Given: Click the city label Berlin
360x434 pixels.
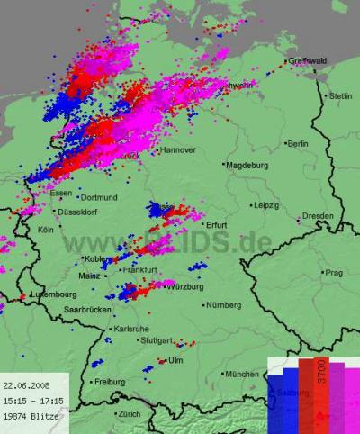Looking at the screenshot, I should [x=297, y=144].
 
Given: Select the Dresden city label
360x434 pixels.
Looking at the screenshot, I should [x=318, y=216].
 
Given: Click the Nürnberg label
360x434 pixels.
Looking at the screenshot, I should [x=223, y=306].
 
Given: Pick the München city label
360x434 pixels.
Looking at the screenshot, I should [x=241, y=374].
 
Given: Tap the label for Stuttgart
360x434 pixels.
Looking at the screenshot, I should [x=155, y=341].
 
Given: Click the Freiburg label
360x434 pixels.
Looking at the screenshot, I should [x=109, y=382].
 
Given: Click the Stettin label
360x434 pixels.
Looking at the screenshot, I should [x=341, y=95].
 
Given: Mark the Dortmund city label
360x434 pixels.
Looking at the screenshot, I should [x=99, y=197].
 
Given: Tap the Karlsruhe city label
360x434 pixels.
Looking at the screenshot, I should [x=132, y=330].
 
